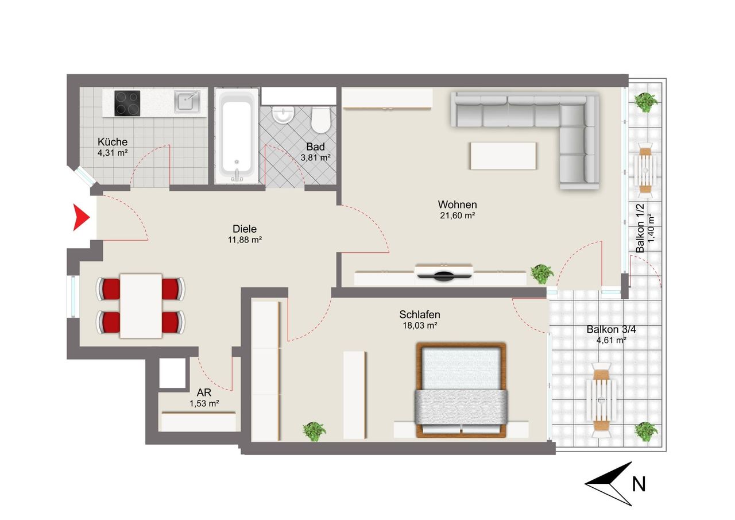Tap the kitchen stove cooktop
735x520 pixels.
tap(127, 103)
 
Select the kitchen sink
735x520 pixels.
tap(187, 102)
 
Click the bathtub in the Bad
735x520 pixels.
tap(237, 136)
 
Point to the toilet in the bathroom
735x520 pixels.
tap(320, 120)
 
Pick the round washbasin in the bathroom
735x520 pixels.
tap(283, 115)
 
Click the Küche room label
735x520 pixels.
tap(113, 142)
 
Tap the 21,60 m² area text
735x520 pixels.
tap(458, 215)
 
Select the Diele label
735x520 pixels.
tap(245, 229)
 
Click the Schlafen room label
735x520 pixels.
tap(420, 314)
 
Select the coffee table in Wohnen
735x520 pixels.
tap(503, 156)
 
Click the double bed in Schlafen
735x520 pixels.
tap(461, 390)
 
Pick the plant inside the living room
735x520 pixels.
tap(542, 274)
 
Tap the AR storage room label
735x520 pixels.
tap(204, 392)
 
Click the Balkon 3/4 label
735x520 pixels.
tap(611, 329)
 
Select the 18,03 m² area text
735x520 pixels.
tap(420, 325)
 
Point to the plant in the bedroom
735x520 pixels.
tap(314, 432)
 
